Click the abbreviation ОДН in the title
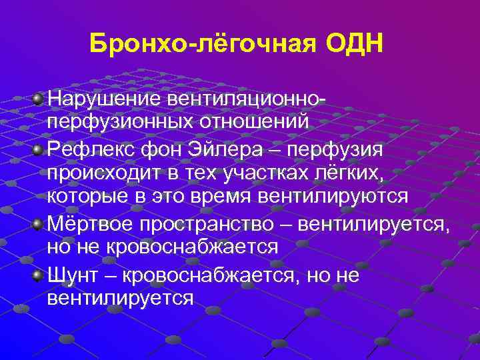tap(355, 46)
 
